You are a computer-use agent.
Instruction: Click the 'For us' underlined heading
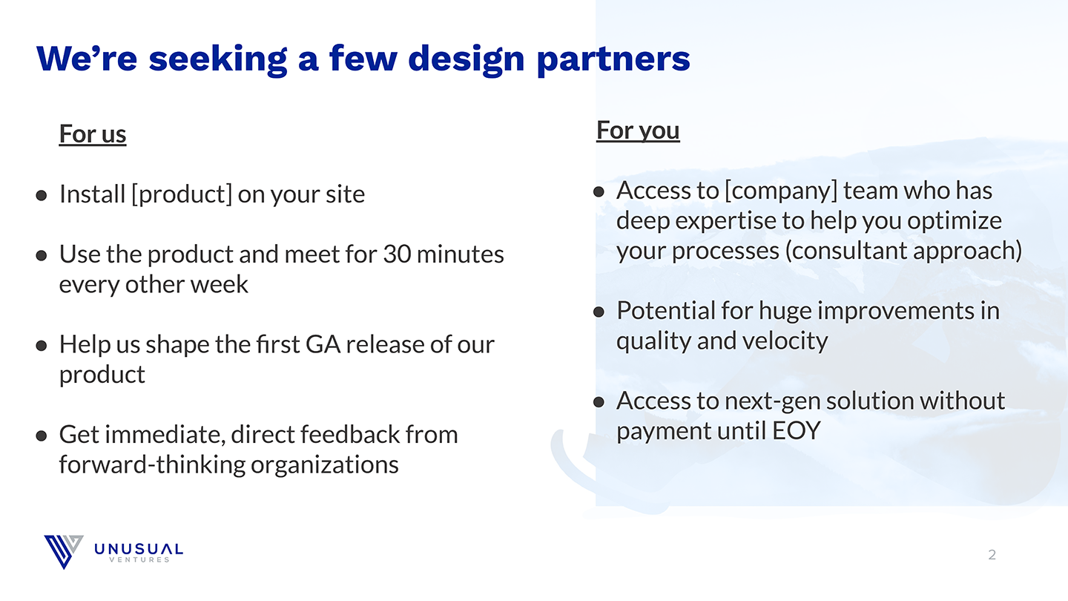(x=93, y=134)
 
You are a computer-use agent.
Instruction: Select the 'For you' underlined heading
(x=638, y=131)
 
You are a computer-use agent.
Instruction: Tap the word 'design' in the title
(x=467, y=59)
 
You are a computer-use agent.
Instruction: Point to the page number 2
(x=992, y=555)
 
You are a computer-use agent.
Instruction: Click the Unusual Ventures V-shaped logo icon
(x=64, y=551)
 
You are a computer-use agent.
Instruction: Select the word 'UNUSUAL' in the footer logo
(x=139, y=549)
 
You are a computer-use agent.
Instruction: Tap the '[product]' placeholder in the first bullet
(x=182, y=194)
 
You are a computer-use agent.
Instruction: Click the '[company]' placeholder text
(x=781, y=191)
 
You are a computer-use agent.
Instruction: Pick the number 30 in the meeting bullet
(x=398, y=254)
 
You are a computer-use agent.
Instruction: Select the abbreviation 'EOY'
(x=797, y=430)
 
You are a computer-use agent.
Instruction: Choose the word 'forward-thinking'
(x=152, y=465)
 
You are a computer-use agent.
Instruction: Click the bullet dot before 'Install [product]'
(x=42, y=195)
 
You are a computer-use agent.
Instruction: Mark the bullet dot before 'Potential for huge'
(x=599, y=312)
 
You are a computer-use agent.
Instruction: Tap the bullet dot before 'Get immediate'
(x=42, y=436)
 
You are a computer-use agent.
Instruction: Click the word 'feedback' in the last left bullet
(x=349, y=435)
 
